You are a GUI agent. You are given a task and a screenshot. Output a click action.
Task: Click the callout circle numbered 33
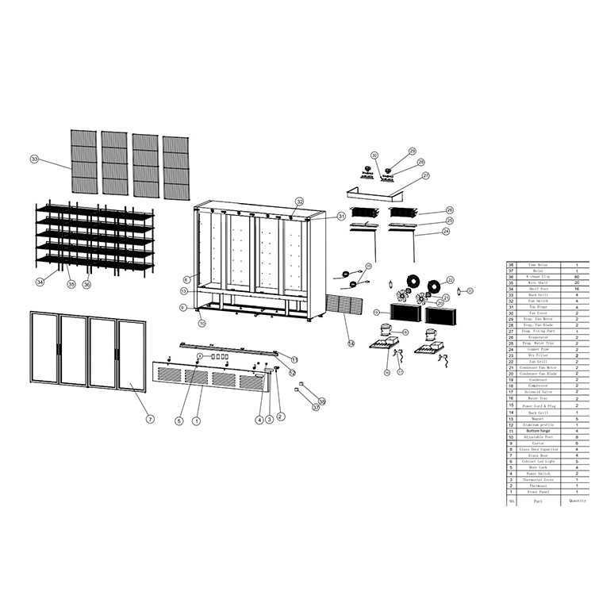pos(34,159)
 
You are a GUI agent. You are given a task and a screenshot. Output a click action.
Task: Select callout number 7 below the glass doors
pos(149,418)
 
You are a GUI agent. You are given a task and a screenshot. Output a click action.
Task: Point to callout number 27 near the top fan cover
pos(425,175)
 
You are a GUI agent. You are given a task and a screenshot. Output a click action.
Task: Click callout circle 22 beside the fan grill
pos(450,279)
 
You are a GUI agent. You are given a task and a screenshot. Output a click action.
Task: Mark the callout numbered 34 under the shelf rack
pos(40,282)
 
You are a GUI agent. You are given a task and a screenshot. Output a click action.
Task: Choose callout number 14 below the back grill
pos(351,343)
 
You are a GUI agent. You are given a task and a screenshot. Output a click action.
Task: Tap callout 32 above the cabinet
pos(299,202)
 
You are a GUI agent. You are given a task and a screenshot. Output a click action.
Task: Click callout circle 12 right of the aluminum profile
pos(292,372)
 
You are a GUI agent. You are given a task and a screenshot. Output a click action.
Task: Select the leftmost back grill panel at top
pos(83,161)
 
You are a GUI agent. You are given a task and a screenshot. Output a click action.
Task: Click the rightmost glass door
pos(132,355)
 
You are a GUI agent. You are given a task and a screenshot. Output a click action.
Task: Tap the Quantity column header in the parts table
pos(576,501)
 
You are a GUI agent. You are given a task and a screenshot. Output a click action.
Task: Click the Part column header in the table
pos(538,501)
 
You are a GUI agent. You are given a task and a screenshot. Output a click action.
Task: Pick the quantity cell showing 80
pos(576,276)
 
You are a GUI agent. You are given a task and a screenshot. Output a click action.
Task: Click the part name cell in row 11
pos(538,432)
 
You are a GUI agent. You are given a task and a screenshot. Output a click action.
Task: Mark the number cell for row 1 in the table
pos(512,492)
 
